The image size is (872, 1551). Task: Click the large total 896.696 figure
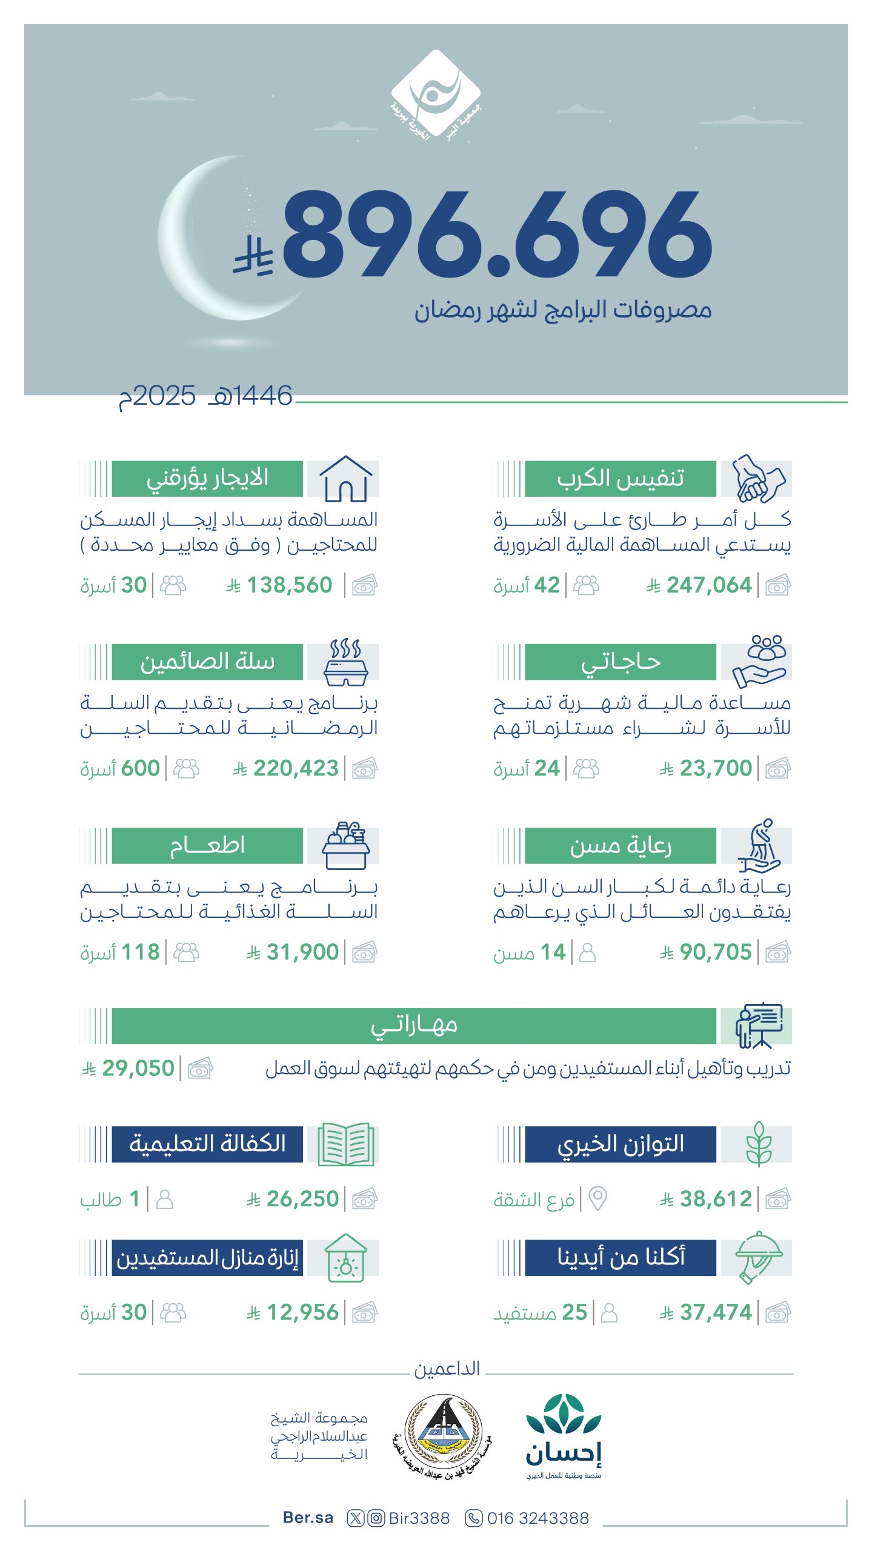[497, 235]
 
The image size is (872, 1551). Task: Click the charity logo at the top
[436, 97]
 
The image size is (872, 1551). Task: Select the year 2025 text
[158, 397]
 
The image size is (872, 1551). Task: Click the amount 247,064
[708, 585]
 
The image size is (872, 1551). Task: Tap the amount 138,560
[289, 585]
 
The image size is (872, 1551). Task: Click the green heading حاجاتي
[620, 662]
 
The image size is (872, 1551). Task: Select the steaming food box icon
[345, 662]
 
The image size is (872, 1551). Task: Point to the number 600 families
[140, 768]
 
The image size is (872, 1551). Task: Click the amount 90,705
[715, 952]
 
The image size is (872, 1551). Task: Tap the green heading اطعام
[207, 845]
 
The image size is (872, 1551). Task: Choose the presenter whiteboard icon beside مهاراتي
[759, 1025]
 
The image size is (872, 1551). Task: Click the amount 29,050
[138, 1068]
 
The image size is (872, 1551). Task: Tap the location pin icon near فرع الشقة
[597, 1198]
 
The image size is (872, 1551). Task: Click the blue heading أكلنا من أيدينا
[620, 1257]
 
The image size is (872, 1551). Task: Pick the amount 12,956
[302, 1312]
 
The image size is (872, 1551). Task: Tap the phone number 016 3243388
[538, 1518]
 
